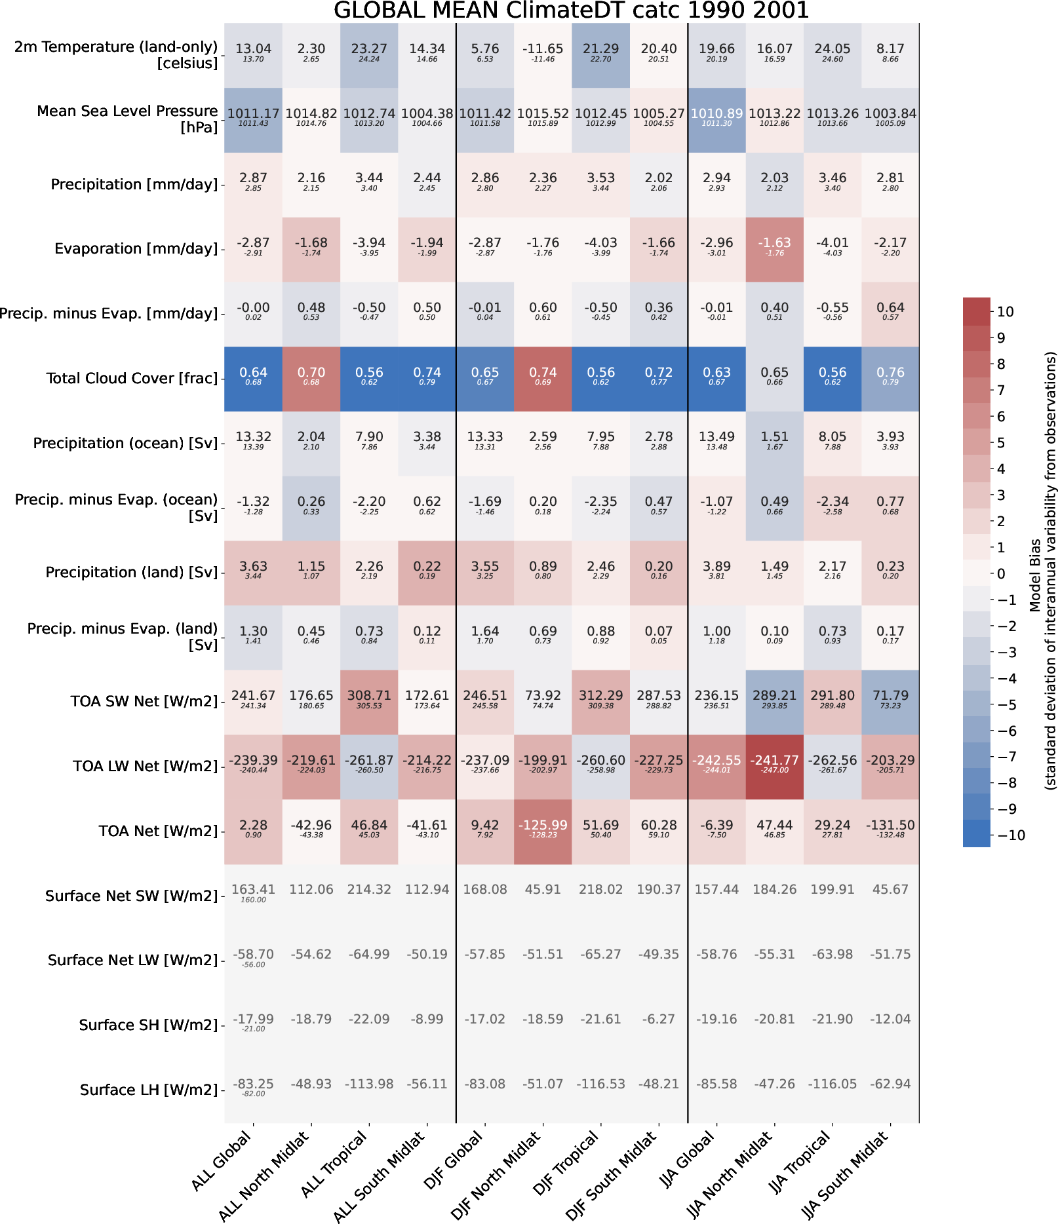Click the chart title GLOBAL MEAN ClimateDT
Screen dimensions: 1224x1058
pos(571,10)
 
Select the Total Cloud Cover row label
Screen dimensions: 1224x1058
pos(132,379)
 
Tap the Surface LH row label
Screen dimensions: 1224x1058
pos(149,1090)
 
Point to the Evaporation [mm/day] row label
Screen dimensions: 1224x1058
pos(136,249)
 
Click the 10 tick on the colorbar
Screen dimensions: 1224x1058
pos(1005,312)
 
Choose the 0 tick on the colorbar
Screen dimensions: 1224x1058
pos(1001,574)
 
